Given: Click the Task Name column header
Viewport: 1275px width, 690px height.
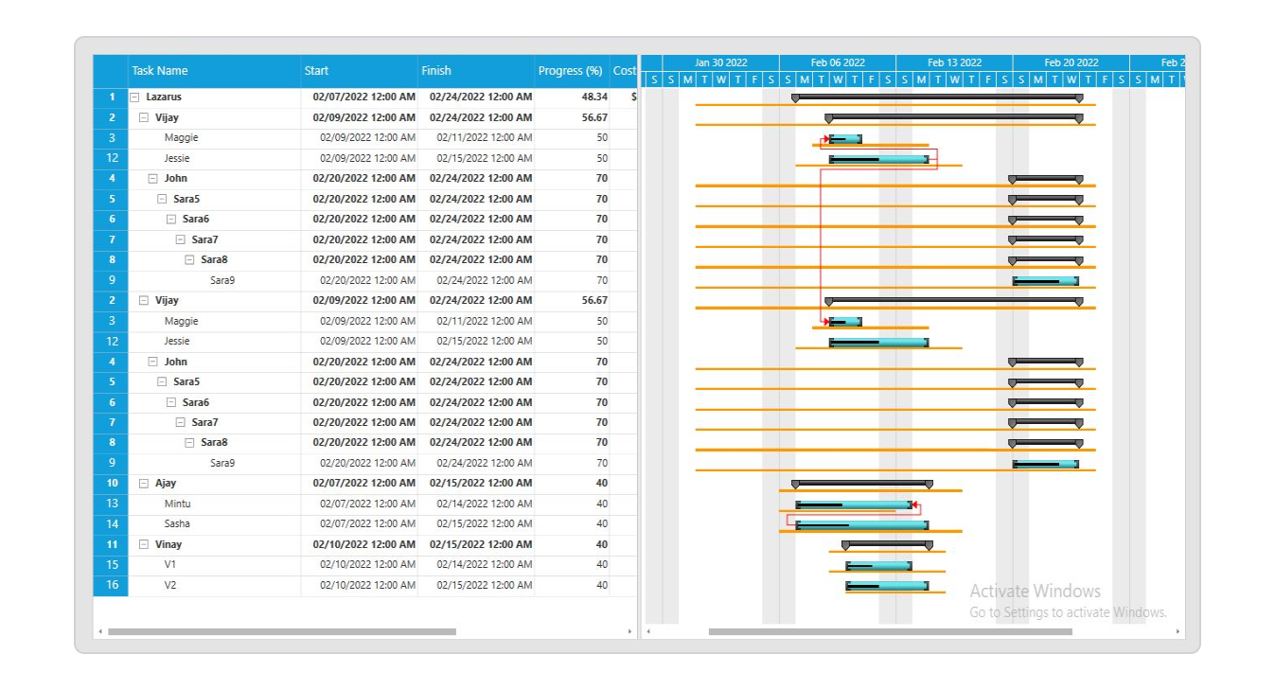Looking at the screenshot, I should click(x=160, y=71).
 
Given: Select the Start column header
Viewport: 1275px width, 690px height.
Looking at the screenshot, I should click(x=317, y=71).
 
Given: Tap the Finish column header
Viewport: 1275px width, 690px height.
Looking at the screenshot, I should click(x=436, y=71).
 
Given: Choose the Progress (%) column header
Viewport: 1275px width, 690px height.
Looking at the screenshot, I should click(x=570, y=71).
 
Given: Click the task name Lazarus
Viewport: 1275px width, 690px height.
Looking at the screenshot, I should click(x=164, y=97).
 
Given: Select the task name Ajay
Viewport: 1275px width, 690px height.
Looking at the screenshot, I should click(x=166, y=484).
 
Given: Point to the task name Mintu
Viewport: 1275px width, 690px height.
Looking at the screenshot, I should click(x=177, y=504).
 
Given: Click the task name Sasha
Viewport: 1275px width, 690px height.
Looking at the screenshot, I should click(x=177, y=523).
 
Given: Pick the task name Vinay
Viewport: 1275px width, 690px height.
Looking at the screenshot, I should click(x=168, y=544).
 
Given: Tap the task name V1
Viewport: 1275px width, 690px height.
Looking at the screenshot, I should click(x=170, y=564).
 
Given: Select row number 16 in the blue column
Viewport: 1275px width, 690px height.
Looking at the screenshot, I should click(x=111, y=585).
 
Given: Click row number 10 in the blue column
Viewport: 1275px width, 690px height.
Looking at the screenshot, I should click(x=111, y=484).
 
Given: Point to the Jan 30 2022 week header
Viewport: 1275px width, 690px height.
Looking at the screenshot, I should click(x=720, y=62).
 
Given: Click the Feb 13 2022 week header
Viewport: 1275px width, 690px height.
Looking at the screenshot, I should click(x=954, y=62).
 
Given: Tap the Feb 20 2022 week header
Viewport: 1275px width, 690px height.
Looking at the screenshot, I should click(x=1071, y=62).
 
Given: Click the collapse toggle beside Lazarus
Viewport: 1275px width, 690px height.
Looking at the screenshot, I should click(x=134, y=97).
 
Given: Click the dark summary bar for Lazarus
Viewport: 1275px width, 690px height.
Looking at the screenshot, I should click(x=937, y=97).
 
